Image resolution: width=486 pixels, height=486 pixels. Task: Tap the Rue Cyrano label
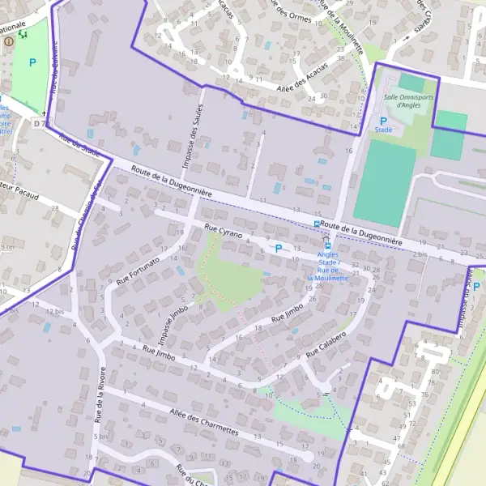(x=224, y=232)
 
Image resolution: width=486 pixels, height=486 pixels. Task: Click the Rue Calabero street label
(x=327, y=344)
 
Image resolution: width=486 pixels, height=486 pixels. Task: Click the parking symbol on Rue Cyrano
(x=279, y=249)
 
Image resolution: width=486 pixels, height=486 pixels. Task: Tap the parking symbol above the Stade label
(x=383, y=119)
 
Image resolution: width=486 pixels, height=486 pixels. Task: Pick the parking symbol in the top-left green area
(x=32, y=62)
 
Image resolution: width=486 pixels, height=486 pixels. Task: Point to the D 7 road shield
(x=38, y=123)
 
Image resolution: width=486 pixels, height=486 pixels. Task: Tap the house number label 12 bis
(x=54, y=311)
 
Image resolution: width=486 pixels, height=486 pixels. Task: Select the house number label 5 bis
(x=101, y=437)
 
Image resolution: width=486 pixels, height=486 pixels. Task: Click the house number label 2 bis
(x=419, y=254)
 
